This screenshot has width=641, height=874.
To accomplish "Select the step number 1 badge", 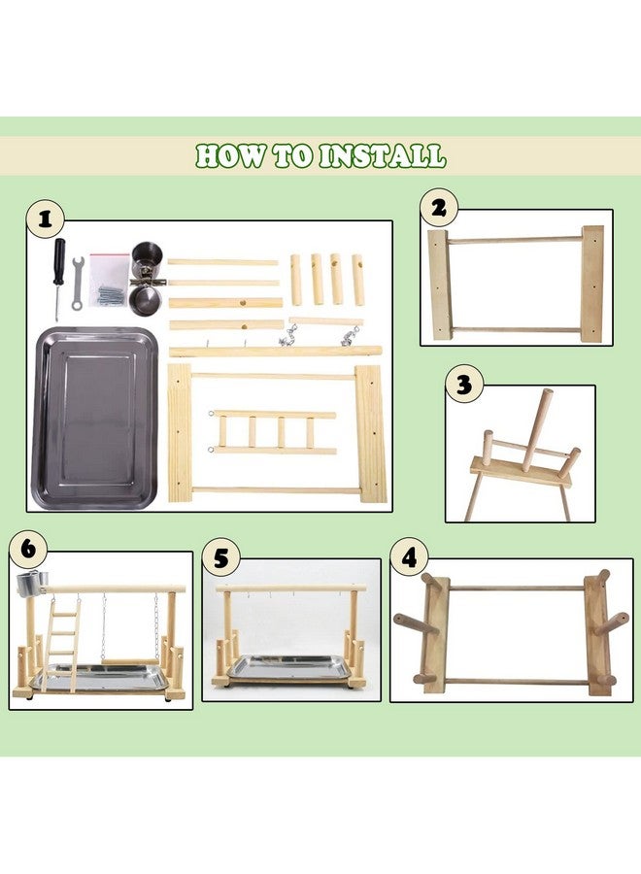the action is [x=45, y=218].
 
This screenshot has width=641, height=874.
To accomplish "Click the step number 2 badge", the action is [x=439, y=207].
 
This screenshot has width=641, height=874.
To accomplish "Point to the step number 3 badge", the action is [x=464, y=384].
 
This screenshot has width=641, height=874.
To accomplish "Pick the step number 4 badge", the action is [x=409, y=556].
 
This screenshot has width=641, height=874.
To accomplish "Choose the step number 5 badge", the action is [x=221, y=557].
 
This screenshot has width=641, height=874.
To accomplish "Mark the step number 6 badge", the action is [x=28, y=549].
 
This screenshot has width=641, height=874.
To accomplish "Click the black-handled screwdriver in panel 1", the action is [x=58, y=277].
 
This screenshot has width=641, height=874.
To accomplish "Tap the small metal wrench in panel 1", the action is [x=78, y=284].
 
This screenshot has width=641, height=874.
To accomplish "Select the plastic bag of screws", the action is [x=109, y=281].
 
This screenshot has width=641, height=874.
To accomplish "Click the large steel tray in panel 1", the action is [x=94, y=418].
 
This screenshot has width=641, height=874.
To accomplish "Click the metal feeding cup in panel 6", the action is [x=31, y=583].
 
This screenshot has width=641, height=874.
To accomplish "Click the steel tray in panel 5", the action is [x=287, y=667].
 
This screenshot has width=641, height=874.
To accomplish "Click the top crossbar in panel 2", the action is [x=516, y=240].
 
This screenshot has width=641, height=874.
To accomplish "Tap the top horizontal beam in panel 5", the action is [x=291, y=588].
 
